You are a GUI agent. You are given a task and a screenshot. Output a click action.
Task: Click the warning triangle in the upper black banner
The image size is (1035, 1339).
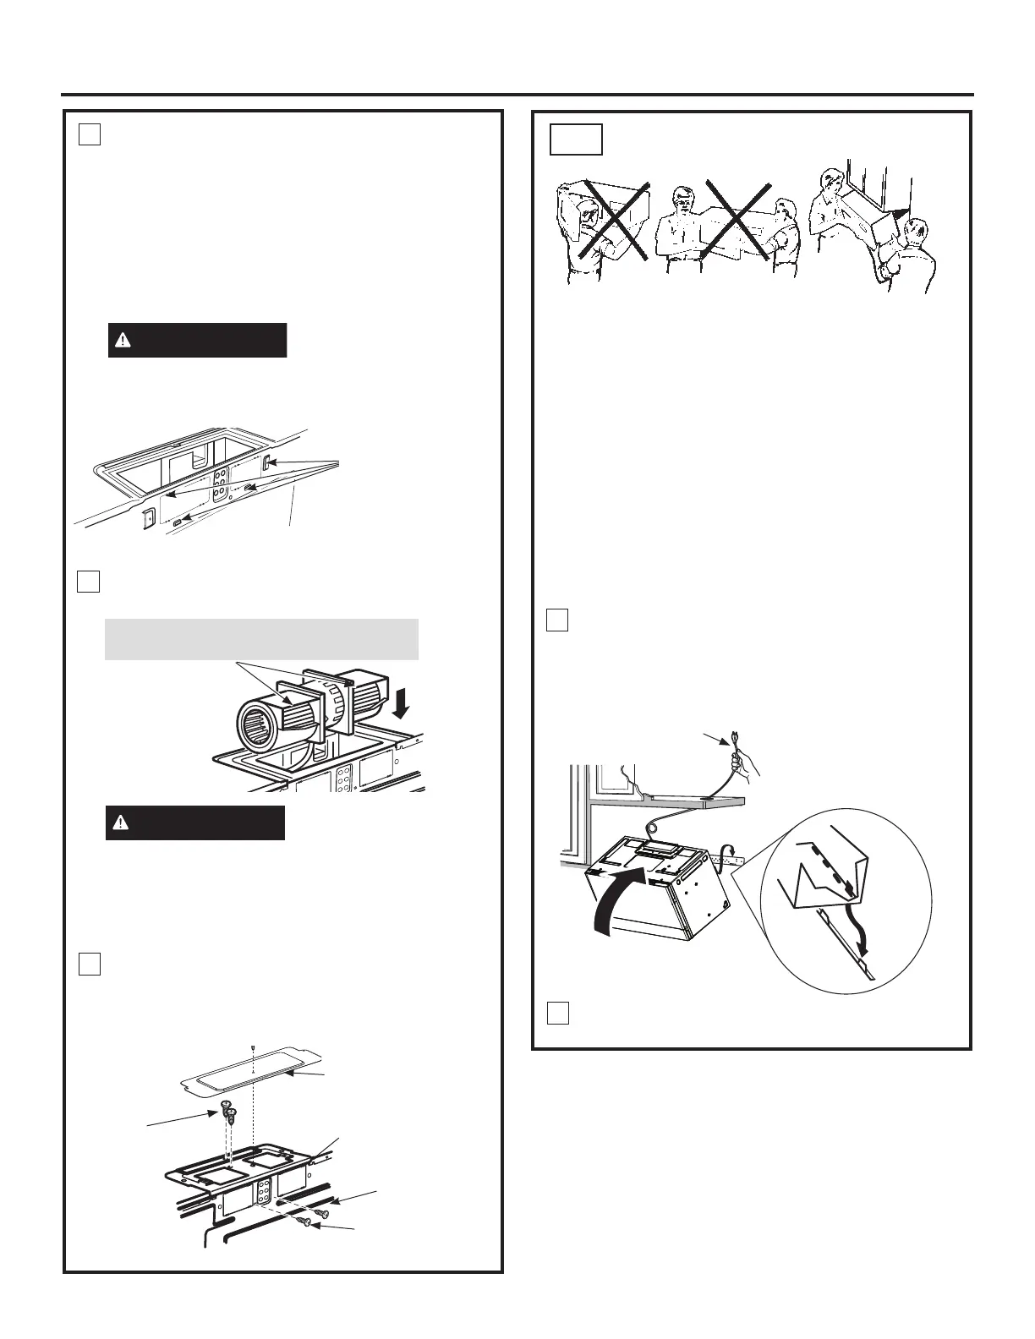pos(124,341)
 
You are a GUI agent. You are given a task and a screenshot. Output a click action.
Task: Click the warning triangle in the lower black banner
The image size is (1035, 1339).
pos(122,823)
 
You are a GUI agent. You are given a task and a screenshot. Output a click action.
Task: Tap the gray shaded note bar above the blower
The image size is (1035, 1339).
pos(261,639)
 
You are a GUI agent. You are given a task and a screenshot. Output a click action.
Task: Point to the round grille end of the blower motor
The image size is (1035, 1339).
pos(253,725)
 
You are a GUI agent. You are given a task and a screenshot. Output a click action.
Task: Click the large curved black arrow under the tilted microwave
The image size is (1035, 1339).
pos(619,905)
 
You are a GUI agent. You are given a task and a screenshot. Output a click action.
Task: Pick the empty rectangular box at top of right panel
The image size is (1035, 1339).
pos(576,140)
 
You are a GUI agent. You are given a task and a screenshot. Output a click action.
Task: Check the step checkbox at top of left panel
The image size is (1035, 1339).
pos(90,134)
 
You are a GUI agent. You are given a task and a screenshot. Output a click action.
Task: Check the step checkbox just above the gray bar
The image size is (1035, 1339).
pos(90,582)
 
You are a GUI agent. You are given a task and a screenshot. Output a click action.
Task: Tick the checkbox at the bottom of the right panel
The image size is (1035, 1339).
pos(556,1013)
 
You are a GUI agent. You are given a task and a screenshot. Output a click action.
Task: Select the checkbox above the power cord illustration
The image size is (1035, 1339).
pos(556,620)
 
